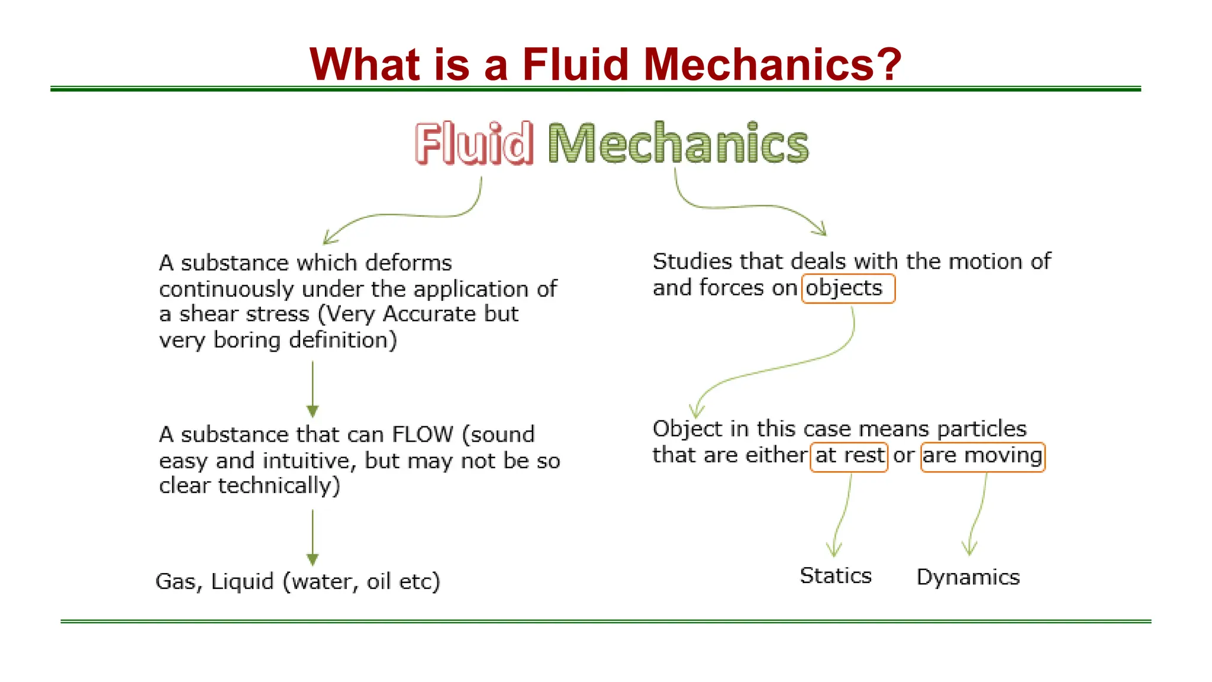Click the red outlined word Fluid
(x=474, y=143)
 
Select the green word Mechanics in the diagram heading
(x=678, y=143)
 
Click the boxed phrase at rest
(x=849, y=456)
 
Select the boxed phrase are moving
(x=982, y=456)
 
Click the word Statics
(x=836, y=576)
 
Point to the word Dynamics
(x=968, y=577)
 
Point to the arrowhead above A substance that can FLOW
(x=312, y=411)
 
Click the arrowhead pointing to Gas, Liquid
(x=312, y=559)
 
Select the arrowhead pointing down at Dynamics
(x=969, y=550)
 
